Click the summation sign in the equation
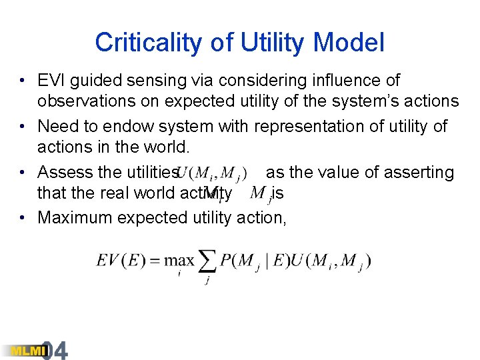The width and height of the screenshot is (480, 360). [x=207, y=261]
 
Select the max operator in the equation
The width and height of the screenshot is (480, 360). [x=180, y=260]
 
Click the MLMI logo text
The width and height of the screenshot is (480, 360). [x=23, y=351]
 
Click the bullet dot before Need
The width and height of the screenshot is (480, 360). [x=23, y=126]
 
